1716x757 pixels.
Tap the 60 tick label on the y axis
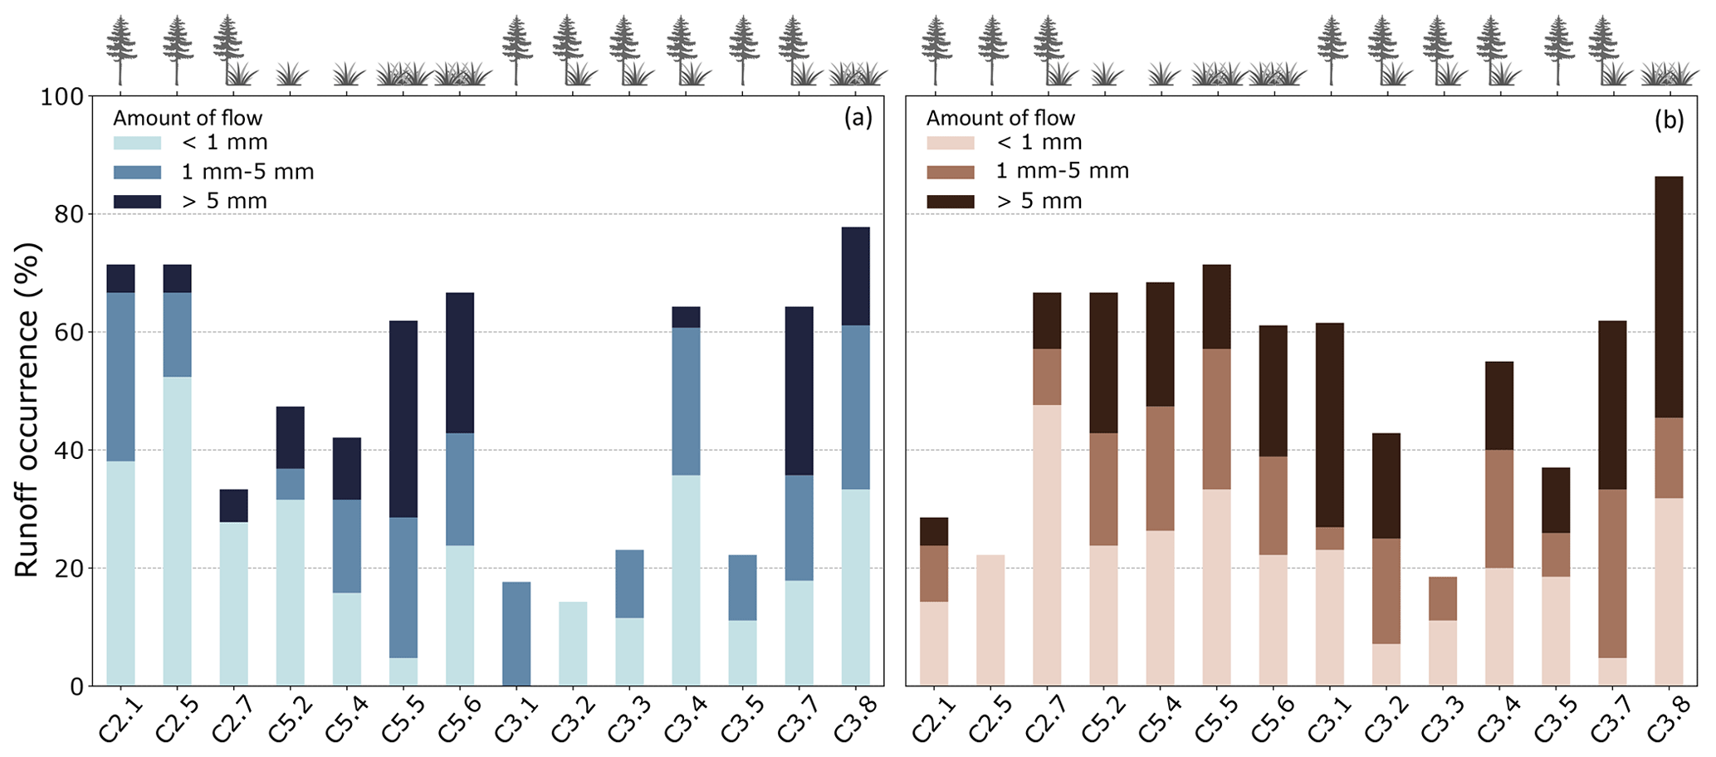coord(66,333)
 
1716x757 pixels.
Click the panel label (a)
coord(858,119)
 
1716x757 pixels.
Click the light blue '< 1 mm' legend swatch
coord(137,143)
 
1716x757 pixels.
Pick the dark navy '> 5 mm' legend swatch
coord(137,201)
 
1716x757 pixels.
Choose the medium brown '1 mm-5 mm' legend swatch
coord(951,172)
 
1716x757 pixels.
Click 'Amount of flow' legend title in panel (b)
coord(1000,119)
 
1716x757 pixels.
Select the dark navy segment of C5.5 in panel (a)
coord(403,418)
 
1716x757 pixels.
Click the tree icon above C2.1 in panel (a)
coord(121,50)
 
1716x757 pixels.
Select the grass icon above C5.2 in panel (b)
coord(1106,75)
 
